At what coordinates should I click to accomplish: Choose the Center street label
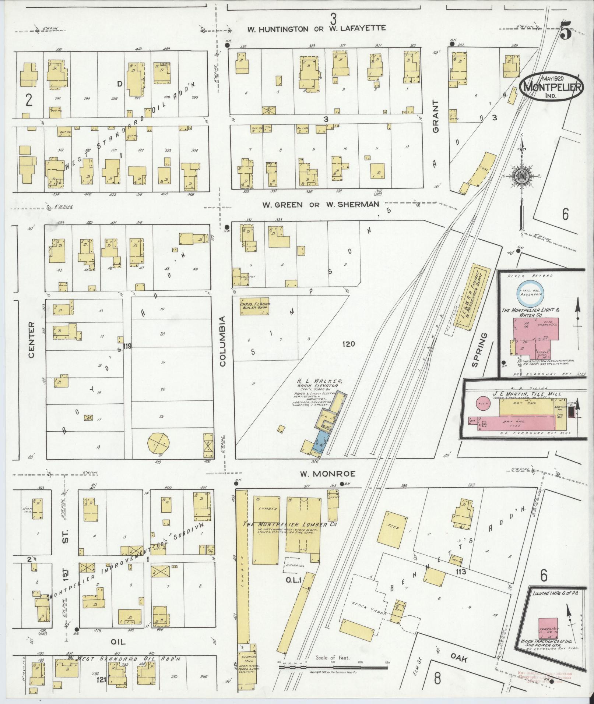point(31,339)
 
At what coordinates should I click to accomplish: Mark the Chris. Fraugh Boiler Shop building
point(254,307)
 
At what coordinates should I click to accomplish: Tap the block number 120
point(348,344)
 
